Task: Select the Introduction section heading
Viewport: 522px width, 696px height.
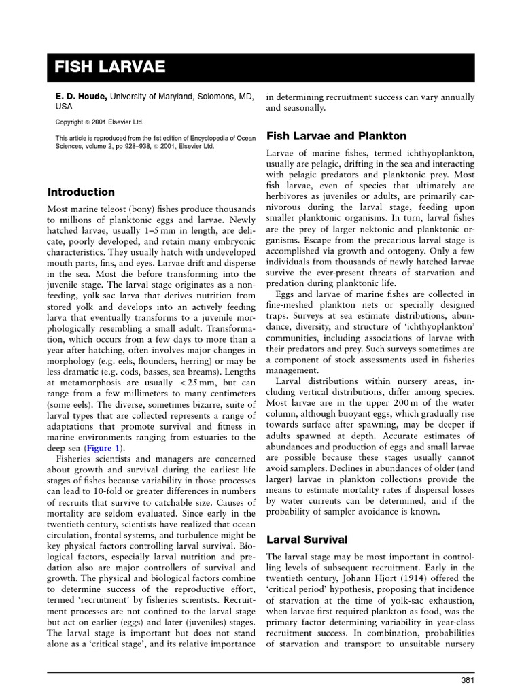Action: pyautogui.click(x=80, y=192)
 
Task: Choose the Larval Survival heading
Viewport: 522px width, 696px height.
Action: pyautogui.click(x=307, y=539)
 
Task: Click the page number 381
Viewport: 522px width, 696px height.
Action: pyautogui.click(x=468, y=680)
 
